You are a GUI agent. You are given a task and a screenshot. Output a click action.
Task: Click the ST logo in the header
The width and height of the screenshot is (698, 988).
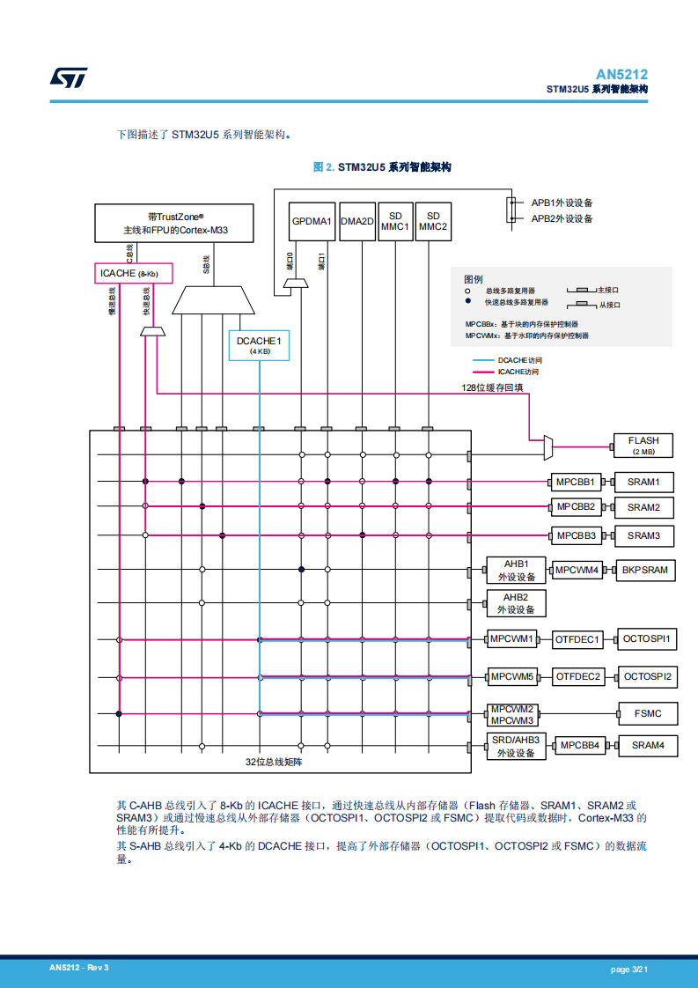click(68, 78)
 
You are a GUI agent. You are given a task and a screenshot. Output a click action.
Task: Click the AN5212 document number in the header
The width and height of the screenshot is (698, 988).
click(621, 75)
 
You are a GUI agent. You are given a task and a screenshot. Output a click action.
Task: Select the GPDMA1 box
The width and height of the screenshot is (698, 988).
click(312, 222)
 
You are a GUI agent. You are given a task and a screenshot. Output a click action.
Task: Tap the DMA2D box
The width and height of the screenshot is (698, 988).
click(357, 222)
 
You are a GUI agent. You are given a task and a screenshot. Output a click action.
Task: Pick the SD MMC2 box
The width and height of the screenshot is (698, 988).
click(433, 222)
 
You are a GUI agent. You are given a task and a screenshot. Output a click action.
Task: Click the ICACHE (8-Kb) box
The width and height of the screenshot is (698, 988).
click(129, 273)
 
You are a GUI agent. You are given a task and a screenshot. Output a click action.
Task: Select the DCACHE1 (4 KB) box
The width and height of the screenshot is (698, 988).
click(259, 345)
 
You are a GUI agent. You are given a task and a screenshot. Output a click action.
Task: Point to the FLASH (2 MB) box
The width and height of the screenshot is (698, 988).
click(643, 446)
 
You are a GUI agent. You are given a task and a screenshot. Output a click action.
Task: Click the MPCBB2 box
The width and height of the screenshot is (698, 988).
click(576, 507)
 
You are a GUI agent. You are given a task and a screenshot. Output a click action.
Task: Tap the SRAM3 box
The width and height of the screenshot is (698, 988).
click(643, 535)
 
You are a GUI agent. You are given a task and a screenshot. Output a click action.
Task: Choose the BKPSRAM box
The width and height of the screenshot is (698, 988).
click(644, 571)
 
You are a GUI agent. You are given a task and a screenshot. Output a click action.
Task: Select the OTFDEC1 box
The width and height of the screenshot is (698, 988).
click(577, 640)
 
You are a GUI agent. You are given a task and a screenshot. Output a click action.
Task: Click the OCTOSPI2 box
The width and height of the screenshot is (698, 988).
click(647, 677)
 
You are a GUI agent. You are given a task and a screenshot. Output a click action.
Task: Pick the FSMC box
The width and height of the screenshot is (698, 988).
click(647, 714)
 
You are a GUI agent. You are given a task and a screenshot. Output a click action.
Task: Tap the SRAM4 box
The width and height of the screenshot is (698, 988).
click(648, 746)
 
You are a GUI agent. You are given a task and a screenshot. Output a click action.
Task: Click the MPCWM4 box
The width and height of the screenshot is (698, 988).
click(577, 571)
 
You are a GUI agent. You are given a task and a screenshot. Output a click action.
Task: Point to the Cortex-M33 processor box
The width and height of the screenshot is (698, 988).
click(174, 223)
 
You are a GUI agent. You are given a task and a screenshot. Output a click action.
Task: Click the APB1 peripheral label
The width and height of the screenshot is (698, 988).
click(562, 203)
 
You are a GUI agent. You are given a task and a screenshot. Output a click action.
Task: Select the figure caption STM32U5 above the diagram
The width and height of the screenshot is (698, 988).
click(382, 167)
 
